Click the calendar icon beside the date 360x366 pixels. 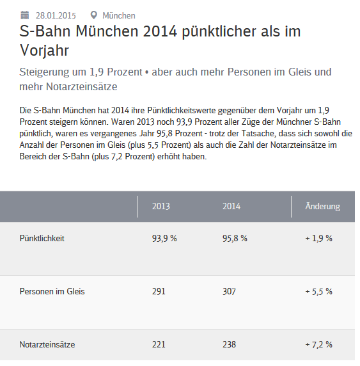point(25,15)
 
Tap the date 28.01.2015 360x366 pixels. point(56,15)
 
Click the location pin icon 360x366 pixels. point(93,15)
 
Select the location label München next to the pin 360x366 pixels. point(119,15)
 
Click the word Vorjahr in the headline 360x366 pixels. point(44,50)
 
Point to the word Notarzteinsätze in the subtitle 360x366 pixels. point(82,86)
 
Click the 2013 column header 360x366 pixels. point(161,206)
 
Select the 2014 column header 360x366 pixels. point(231,206)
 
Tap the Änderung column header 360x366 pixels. point(323,206)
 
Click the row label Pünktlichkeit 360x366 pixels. point(42,238)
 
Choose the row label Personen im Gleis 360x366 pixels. point(52,292)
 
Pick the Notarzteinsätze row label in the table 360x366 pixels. point(47,344)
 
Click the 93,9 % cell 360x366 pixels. point(164,238)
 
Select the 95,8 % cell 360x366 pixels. point(235,238)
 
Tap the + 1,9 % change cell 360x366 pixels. point(318,238)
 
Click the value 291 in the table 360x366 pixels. point(159,292)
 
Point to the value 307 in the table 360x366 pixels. point(229,292)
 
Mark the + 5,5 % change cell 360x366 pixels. point(318,292)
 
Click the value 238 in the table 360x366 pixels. point(229,344)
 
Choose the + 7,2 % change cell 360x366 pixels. point(318,344)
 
